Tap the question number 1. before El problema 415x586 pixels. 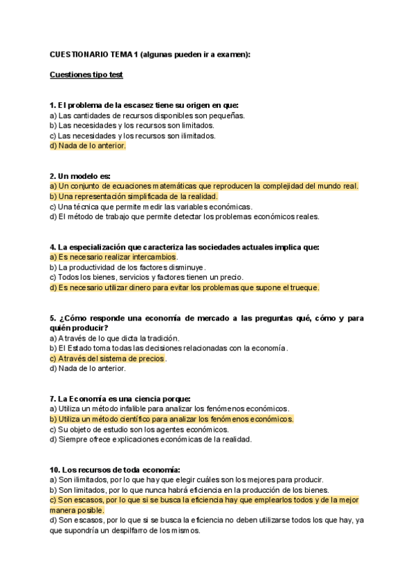click(x=53, y=105)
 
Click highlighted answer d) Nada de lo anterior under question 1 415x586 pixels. click(x=88, y=146)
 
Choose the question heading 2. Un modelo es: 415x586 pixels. click(x=80, y=176)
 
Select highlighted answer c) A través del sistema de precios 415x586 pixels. click(x=107, y=359)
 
